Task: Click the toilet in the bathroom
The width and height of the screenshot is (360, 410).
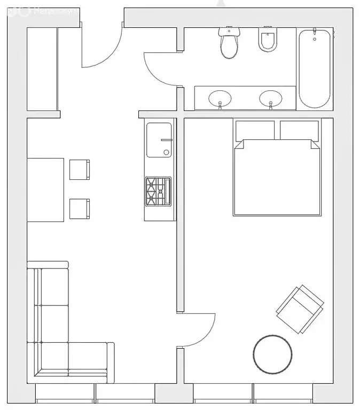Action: pyautogui.click(x=229, y=44)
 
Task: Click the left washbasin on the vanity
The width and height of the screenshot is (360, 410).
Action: pyautogui.click(x=220, y=98)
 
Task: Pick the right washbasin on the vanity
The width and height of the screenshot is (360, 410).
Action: pyautogui.click(x=270, y=98)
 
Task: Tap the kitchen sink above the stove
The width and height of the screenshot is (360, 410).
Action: pyautogui.click(x=159, y=140)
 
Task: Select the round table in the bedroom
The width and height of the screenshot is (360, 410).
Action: pyautogui.click(x=272, y=354)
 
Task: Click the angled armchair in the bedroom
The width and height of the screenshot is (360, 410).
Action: pyautogui.click(x=300, y=308)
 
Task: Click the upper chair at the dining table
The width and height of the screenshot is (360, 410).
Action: pyautogui.click(x=80, y=169)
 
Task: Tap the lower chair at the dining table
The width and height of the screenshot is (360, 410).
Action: pyautogui.click(x=80, y=208)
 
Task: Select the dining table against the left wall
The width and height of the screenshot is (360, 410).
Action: pyautogui.click(x=45, y=189)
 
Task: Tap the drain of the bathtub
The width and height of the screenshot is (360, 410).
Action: pyautogui.click(x=315, y=37)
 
